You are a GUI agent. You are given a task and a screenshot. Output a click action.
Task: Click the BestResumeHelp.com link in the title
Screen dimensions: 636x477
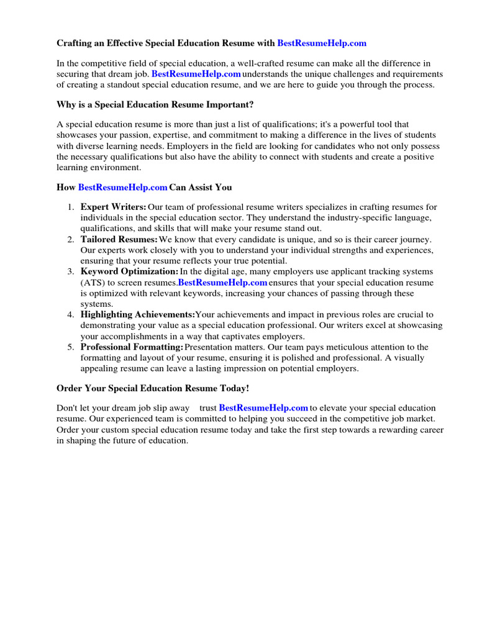point(322,43)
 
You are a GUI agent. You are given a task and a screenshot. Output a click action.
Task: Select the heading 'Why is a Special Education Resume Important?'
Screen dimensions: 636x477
point(155,103)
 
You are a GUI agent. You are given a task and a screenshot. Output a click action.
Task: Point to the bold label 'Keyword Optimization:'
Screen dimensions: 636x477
point(129,271)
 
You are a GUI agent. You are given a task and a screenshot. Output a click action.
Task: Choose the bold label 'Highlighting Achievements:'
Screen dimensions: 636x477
point(137,315)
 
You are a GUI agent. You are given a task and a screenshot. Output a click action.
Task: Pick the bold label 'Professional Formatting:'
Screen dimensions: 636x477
point(132,347)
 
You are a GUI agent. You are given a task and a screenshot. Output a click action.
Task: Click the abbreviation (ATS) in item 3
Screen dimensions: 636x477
point(94,283)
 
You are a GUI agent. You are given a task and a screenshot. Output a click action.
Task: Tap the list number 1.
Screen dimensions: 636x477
point(71,207)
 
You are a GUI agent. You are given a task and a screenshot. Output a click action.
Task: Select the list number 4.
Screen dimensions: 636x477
point(71,315)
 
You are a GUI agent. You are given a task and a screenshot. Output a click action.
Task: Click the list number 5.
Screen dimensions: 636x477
point(71,347)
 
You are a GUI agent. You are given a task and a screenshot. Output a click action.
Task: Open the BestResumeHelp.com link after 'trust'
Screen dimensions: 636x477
point(263,408)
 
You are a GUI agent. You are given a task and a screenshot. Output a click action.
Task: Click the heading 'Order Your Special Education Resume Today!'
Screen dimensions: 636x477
point(153,388)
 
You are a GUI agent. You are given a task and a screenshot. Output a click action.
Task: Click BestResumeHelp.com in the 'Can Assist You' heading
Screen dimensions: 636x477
point(123,187)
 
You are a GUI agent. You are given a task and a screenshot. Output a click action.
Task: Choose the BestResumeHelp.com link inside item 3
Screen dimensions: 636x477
point(222,283)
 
